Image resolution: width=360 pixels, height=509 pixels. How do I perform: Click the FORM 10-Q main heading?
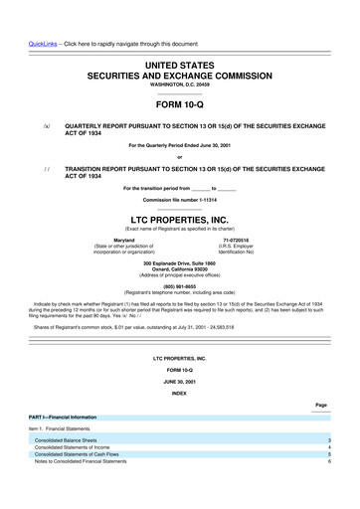click(x=179, y=103)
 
